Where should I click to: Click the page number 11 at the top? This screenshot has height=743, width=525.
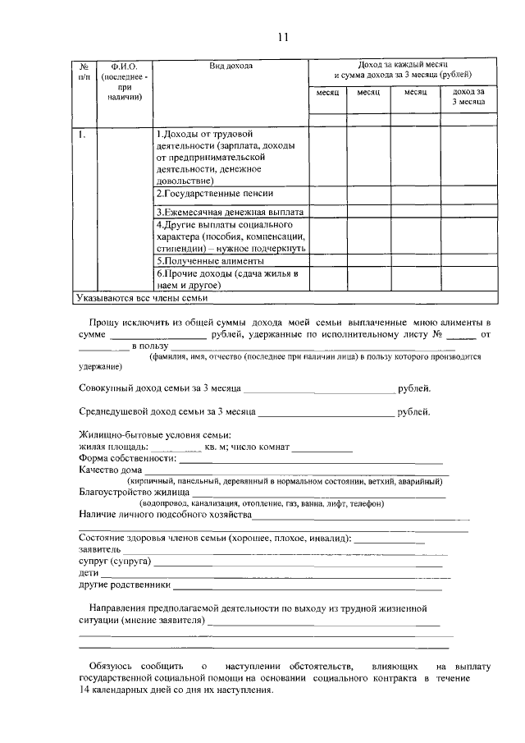pos(283,37)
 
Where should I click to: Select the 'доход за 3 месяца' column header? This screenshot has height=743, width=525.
pos(468,97)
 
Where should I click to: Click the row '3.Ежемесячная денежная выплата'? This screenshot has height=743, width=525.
pos(230,211)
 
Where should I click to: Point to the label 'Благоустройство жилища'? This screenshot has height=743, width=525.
pos(134,493)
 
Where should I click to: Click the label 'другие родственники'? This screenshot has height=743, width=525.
pos(125,585)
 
